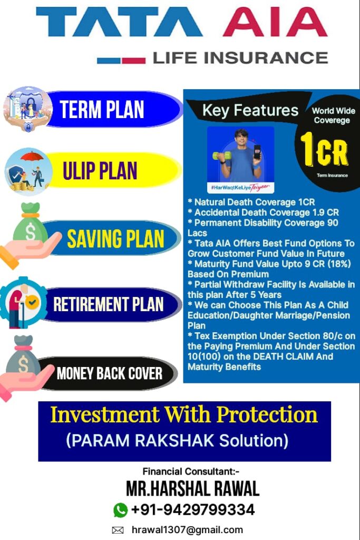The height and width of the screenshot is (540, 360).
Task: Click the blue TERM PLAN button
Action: pyautogui.click(x=113, y=109)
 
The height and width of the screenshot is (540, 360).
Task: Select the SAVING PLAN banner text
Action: pyautogui.click(x=115, y=238)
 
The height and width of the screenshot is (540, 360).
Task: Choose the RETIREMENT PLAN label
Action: pyautogui.click(x=108, y=304)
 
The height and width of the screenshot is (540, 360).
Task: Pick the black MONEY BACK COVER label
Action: pyautogui.click(x=110, y=373)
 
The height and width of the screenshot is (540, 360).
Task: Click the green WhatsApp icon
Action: pyautogui.click(x=121, y=510)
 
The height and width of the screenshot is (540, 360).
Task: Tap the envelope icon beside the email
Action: pyautogui.click(x=118, y=530)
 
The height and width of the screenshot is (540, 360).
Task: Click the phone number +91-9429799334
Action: pyautogui.click(x=193, y=510)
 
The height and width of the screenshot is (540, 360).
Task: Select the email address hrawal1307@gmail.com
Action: pyautogui.click(x=187, y=529)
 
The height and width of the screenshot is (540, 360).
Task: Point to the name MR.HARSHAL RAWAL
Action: pyautogui.click(x=193, y=489)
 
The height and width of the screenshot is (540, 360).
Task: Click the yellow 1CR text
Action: pyautogui.click(x=324, y=149)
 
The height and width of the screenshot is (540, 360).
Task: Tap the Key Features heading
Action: pyautogui.click(x=250, y=110)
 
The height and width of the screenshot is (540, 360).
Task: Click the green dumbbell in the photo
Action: pyautogui.click(x=221, y=156)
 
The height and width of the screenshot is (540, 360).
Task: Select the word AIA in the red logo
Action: pyautogui.click(x=275, y=22)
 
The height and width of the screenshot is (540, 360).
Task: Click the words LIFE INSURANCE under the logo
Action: pyautogui.click(x=240, y=58)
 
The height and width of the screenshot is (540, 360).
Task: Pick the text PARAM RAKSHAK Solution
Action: pyautogui.click(x=177, y=440)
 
